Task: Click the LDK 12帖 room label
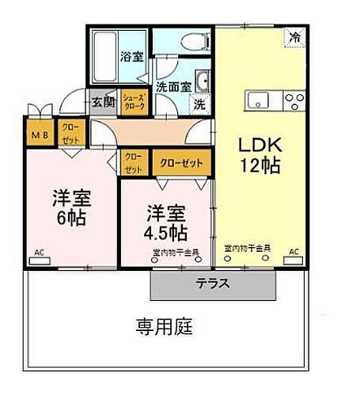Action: point(257,155)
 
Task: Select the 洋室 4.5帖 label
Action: point(165,223)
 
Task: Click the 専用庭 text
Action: point(164,326)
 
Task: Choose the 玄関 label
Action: point(102,102)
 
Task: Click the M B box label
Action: point(40,134)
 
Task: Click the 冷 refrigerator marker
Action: point(294,36)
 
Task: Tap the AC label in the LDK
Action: point(294,252)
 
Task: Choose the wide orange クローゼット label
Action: point(181,162)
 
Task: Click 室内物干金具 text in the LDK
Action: point(248,248)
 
